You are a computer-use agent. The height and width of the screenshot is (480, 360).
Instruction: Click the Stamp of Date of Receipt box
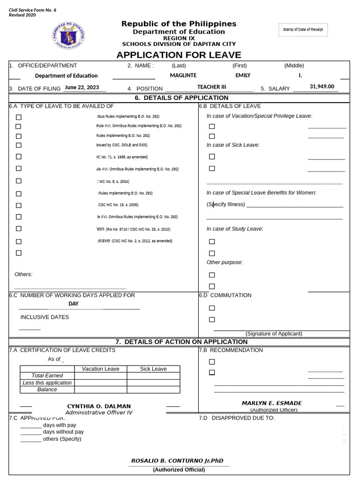tap(303, 30)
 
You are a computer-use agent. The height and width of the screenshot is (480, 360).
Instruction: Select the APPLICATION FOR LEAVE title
tap(179, 55)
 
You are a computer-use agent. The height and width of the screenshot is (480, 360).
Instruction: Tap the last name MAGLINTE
tap(183, 75)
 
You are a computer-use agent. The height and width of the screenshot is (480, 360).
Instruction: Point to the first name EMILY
tap(243, 75)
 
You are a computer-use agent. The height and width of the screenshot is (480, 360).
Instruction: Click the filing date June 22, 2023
tap(82, 87)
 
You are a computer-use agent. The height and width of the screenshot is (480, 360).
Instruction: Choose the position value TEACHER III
tap(211, 87)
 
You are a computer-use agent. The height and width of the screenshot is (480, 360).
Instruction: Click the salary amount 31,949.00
tap(322, 87)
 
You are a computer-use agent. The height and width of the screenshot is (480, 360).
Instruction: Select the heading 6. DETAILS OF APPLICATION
tap(181, 98)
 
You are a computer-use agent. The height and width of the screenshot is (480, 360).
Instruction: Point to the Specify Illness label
tap(225, 204)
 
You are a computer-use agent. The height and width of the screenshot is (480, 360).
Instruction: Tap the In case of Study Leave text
tap(235, 229)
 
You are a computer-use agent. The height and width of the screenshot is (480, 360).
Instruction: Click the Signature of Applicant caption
tap(274, 334)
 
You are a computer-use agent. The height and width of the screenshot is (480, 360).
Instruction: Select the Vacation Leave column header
tap(100, 369)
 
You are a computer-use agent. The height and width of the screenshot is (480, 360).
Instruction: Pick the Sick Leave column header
tap(153, 369)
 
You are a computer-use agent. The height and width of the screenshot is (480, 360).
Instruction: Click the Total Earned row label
tap(47, 375)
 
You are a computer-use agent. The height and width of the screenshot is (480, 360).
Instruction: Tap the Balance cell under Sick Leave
tap(153, 390)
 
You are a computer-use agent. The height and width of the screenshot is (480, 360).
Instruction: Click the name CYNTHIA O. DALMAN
tap(99, 406)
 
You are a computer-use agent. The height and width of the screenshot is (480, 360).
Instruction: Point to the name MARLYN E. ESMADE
tap(271, 403)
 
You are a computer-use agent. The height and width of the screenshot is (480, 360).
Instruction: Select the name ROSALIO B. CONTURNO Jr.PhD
tap(177, 461)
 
